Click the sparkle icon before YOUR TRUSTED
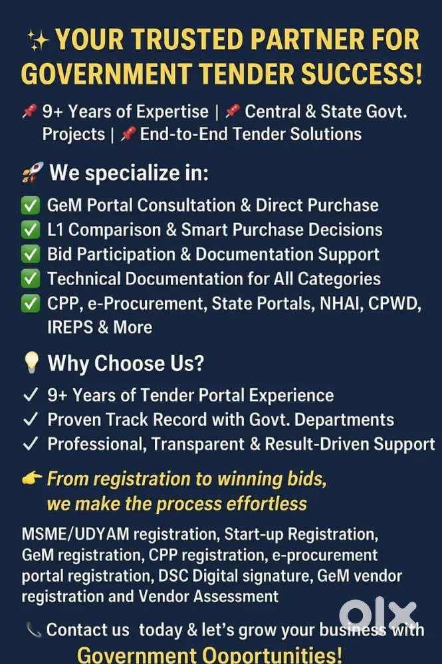(38, 41)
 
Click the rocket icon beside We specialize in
(33, 172)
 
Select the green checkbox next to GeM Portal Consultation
(31, 205)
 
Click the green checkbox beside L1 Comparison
(31, 229)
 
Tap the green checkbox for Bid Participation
(31, 254)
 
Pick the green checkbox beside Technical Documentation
(31, 278)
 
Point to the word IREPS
(70, 327)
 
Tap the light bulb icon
(31, 362)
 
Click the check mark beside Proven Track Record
(31, 419)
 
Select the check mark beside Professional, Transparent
(31, 444)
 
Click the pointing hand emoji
(32, 479)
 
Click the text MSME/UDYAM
(75, 534)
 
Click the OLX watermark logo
(378, 614)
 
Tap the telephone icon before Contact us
(33, 629)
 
